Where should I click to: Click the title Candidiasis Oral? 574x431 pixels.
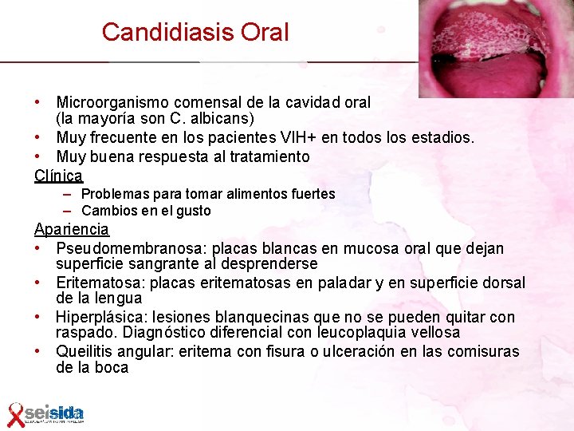(195, 32)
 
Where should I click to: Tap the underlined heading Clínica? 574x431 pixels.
(58, 176)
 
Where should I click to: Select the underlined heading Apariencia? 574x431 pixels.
(72, 230)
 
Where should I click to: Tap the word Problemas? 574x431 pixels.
(115, 194)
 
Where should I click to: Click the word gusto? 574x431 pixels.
(194, 211)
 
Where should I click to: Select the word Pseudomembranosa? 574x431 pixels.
(132, 249)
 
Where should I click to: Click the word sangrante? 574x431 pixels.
(170, 264)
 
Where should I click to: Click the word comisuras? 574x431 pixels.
(481, 352)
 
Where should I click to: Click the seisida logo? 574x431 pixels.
(54, 413)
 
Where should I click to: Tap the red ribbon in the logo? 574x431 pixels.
(15, 414)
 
